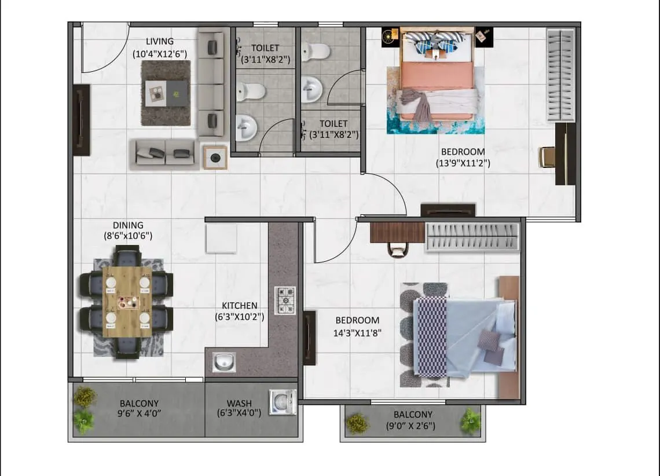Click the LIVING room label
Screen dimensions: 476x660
pos(159,41)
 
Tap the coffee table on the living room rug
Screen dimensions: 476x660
pos(166,93)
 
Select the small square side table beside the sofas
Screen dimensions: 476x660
pos(215,157)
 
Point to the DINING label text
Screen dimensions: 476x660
pos(128,225)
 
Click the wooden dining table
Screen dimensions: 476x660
pos(127,301)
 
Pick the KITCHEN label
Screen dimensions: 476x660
pos(240,306)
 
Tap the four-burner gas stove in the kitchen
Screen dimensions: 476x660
pos(285,301)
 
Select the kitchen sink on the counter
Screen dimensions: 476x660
pos(224,362)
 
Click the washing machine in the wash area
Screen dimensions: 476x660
pos(283,402)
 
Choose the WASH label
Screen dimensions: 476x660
pos(239,403)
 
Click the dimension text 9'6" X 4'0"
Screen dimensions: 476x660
pos(139,413)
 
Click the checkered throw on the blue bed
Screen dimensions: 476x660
pos(432,336)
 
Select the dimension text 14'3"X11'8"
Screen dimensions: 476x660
pos(357,332)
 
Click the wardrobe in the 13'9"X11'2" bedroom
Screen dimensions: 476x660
pos(560,74)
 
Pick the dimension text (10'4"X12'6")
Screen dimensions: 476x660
pos(159,54)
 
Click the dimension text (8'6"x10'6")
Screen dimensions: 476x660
pos(128,236)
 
